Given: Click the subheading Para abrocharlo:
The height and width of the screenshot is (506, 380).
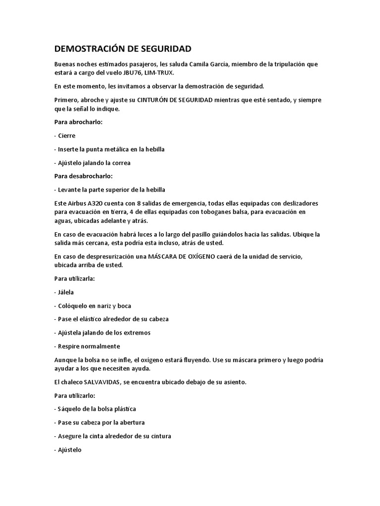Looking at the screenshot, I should [78, 122].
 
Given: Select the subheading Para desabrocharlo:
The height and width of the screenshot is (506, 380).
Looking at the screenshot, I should [83, 175].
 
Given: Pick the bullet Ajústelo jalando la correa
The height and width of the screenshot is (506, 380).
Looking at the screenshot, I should [93, 163].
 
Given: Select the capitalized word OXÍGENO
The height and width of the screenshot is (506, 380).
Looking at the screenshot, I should [203, 256].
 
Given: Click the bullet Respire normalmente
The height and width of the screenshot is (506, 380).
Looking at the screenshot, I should [87, 346].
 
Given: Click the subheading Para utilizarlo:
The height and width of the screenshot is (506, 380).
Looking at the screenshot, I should [74, 396].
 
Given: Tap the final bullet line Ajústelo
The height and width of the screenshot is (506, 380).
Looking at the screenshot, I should [68, 450].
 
